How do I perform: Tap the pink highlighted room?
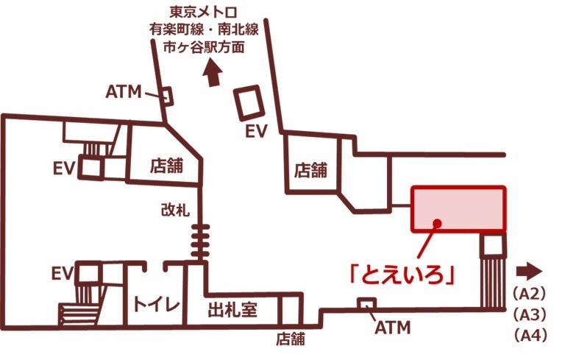point(458,208)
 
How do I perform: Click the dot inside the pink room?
point(437,222)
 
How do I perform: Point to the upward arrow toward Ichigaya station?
point(213,74)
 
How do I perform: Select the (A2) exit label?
point(528,294)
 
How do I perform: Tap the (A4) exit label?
point(528,336)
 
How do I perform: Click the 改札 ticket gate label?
point(175,209)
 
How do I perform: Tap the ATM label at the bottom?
point(391,327)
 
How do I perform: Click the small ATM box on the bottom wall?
point(366,304)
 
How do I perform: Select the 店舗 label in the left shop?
point(166,164)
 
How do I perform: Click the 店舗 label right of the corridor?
point(310,170)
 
